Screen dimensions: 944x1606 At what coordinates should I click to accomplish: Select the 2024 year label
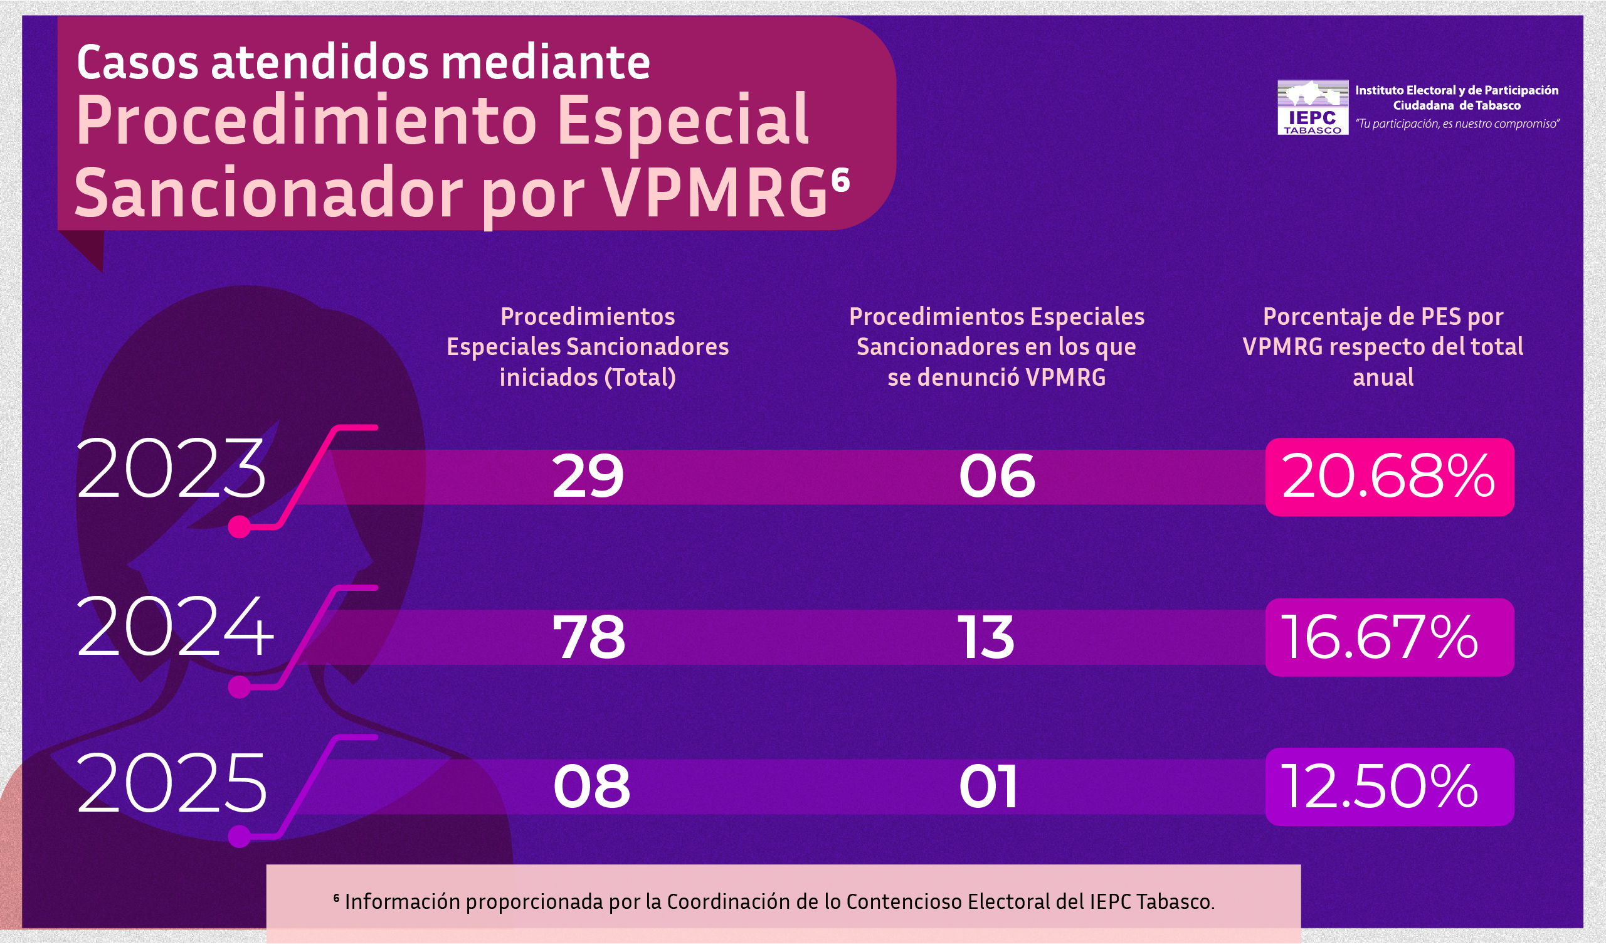pos(174,627)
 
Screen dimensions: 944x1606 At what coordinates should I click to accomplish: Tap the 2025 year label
pos(172,783)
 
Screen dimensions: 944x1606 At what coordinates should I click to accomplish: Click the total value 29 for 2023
pos(588,476)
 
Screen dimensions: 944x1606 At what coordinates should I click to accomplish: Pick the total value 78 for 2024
pos(589,637)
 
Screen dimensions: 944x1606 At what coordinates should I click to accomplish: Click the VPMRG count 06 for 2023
pos(996,476)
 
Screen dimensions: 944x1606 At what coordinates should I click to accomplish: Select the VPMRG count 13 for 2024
pos(986,637)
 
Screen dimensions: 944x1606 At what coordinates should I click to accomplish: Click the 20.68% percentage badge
pos(1389,477)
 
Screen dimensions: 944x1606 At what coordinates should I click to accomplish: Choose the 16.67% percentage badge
pos(1389,637)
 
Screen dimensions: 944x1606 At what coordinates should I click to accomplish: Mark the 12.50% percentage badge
pos(1389,787)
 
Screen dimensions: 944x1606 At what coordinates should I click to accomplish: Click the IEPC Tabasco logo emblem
pos(1312,107)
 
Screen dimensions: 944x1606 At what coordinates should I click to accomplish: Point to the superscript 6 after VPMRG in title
pos(840,180)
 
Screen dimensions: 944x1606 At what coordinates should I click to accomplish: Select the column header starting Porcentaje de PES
pos(1383,346)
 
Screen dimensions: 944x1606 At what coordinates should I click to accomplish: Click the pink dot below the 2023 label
pos(240,527)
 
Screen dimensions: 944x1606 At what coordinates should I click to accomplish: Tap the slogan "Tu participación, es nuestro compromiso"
pos(1457,124)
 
